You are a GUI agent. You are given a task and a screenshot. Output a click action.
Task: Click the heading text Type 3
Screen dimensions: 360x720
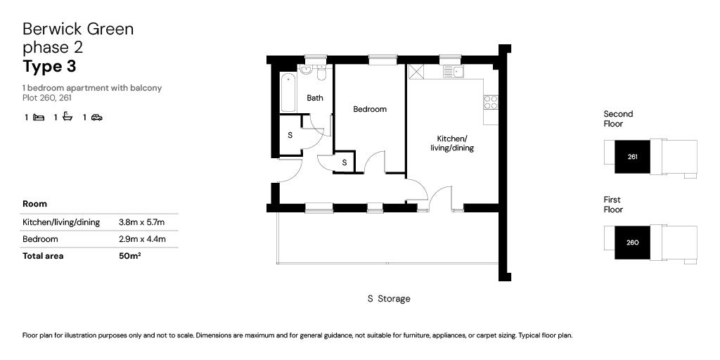[49, 67]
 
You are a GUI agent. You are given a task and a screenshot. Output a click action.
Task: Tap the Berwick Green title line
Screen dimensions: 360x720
[78, 29]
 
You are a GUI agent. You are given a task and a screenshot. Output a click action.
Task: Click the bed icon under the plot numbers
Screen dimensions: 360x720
[39, 117]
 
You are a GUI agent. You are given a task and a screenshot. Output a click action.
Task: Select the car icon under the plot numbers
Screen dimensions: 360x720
[96, 117]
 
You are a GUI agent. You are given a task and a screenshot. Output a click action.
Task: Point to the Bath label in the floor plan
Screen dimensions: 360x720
[315, 98]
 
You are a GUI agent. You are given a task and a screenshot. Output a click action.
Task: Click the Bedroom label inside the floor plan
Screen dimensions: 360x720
[370, 109]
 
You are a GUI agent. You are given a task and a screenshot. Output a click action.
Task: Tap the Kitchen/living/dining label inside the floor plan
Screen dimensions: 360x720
[452, 143]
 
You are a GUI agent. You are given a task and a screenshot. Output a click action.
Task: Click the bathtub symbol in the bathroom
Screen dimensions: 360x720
[288, 92]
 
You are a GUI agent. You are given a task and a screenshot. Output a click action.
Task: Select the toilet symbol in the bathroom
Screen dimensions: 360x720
[321, 72]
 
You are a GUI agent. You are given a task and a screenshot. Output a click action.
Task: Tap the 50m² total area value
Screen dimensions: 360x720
[130, 256]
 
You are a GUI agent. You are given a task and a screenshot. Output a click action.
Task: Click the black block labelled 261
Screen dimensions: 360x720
[632, 156]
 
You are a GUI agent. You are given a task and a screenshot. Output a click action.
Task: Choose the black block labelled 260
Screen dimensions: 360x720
[632, 243]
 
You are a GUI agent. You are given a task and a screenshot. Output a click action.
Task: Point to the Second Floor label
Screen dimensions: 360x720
[618, 118]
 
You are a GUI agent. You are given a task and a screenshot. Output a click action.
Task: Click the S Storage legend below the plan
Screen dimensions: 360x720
[389, 299]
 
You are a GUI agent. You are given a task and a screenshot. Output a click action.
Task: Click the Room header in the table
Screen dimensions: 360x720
[34, 204]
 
